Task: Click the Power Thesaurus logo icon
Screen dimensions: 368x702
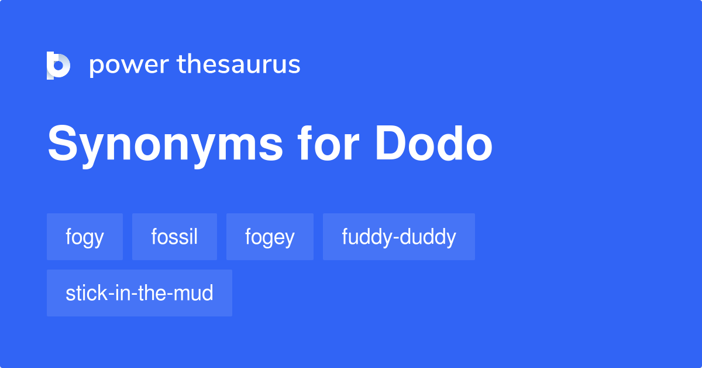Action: coord(58,65)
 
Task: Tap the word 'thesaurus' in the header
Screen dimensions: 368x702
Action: coord(239,64)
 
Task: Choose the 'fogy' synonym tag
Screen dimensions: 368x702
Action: coord(85,237)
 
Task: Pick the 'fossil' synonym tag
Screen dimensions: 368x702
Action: coord(174,237)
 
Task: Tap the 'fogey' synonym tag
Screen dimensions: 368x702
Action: coord(270,237)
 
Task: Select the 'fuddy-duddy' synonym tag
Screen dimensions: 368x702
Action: coord(399,237)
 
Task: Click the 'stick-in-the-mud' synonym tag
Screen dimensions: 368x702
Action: coord(139,293)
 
